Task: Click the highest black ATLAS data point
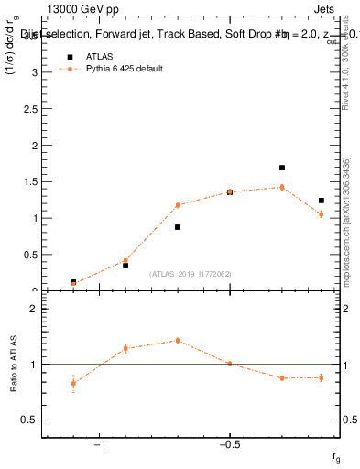(x=282, y=168)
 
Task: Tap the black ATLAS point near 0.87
(x=178, y=227)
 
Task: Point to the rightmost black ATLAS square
(x=322, y=201)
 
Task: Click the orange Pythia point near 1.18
(x=178, y=205)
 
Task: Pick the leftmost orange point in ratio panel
(x=73, y=383)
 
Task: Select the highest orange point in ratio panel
(x=178, y=340)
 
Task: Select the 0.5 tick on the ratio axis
(x=31, y=420)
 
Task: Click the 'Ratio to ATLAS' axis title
(x=14, y=364)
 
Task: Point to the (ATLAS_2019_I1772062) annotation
(x=191, y=274)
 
